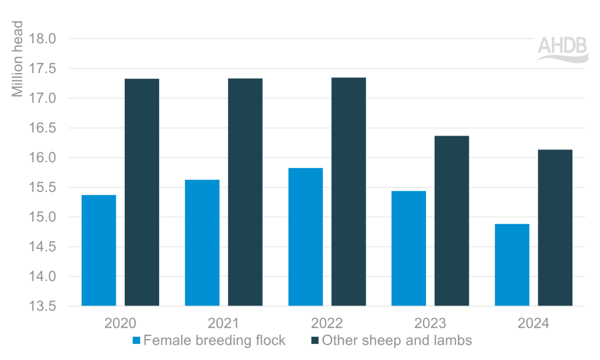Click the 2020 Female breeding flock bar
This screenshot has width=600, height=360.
[x=98, y=250]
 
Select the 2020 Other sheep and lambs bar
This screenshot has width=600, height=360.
[x=142, y=192]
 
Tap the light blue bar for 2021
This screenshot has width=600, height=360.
[x=202, y=242]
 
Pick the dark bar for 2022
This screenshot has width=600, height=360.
[x=349, y=191]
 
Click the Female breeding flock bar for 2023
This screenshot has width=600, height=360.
[x=409, y=248]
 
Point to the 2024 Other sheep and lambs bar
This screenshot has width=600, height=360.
[x=555, y=227]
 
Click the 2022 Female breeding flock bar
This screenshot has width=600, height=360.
[x=305, y=237]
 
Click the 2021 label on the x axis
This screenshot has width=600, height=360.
[x=224, y=323]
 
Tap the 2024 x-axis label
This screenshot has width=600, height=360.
[x=533, y=323]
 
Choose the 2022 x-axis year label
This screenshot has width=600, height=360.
[x=327, y=323]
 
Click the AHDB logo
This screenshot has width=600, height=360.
[x=562, y=49]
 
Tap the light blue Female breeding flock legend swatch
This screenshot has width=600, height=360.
[x=136, y=341]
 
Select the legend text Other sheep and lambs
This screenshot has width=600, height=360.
[x=397, y=341]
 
